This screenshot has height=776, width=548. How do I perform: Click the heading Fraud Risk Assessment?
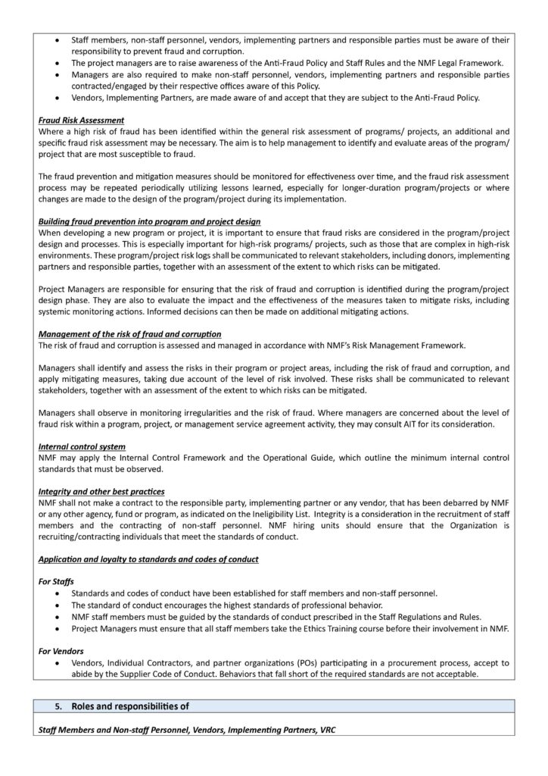point(81,120)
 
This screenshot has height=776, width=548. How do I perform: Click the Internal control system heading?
point(82,446)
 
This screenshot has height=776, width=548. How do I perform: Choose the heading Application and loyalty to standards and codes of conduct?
point(148,559)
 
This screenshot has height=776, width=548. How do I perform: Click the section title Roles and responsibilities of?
point(130,706)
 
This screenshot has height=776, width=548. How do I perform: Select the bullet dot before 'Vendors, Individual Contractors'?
point(59,662)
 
